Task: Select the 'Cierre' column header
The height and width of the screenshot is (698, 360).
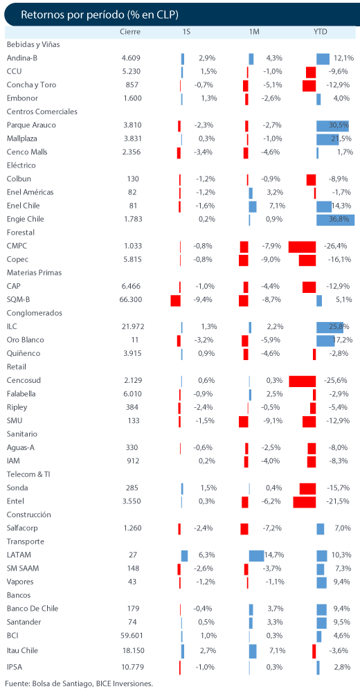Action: [130, 32]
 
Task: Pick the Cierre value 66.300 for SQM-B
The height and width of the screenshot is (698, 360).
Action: [132, 300]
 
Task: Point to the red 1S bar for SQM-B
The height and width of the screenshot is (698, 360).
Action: [176, 301]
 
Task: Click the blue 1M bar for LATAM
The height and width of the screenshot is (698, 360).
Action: [257, 555]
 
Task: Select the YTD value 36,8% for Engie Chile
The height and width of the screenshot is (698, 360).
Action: [339, 219]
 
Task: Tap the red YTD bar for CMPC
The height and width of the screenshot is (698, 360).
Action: [302, 247]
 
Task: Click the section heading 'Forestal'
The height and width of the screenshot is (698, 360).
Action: [21, 233]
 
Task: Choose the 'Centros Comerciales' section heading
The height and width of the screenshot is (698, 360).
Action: [42, 111]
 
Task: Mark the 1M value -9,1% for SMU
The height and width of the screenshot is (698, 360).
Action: [271, 421]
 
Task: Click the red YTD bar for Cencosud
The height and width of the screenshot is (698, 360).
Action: [303, 381]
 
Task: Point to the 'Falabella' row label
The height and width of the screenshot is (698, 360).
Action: [21, 394]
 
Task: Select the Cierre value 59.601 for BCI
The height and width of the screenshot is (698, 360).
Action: [132, 636]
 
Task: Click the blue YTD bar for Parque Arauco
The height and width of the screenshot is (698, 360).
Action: [332, 126]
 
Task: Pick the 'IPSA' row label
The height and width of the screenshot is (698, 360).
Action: [15, 667]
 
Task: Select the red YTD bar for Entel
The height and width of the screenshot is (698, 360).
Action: [305, 502]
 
